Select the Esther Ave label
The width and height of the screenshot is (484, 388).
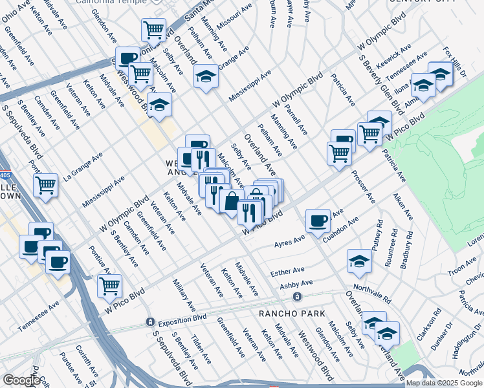pyautogui.click(x=289, y=271)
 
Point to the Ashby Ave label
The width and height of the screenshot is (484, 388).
pyautogui.click(x=296, y=285)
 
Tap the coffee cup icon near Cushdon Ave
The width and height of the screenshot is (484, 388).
pyautogui.click(x=318, y=221)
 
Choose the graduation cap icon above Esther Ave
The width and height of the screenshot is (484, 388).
pyautogui.click(x=359, y=261)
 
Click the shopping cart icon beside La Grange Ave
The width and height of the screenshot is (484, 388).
pyautogui.click(x=45, y=185)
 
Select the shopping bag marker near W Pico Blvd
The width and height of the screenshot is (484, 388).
pyautogui.click(x=231, y=200)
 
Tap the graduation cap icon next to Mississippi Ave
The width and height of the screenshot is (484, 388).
pyautogui.click(x=206, y=76)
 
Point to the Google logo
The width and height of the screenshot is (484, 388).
pyautogui.click(x=21, y=380)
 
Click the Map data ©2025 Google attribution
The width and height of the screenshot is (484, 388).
pyautogui.click(x=444, y=382)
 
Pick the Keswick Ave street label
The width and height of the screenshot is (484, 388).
pyautogui.click(x=396, y=57)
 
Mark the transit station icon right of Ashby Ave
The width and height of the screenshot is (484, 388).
pyautogui.click(x=297, y=297)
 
